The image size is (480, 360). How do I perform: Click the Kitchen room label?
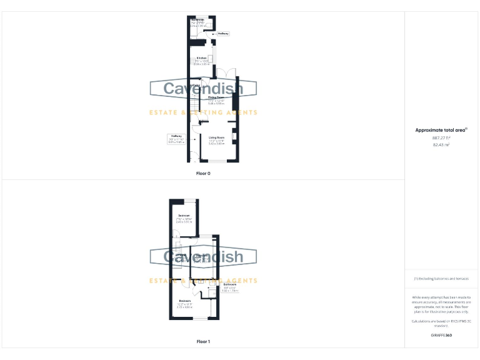(x=201, y=58)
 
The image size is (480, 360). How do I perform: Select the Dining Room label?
(x=216, y=98)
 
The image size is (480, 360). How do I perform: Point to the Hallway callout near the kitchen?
(x=222, y=34)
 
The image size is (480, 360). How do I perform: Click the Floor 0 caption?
(x=203, y=173)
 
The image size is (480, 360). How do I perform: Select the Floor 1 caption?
(x=203, y=342)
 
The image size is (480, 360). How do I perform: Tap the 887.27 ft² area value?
(x=441, y=138)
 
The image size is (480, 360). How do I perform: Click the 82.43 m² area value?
(x=441, y=144)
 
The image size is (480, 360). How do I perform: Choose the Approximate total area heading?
(x=441, y=130)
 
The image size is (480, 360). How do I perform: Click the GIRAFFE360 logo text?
(x=441, y=336)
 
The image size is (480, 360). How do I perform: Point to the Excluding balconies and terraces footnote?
(x=441, y=279)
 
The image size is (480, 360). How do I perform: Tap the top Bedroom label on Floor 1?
(x=184, y=216)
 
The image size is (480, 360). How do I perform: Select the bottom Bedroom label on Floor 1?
(x=184, y=302)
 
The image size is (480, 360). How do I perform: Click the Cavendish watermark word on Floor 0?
(x=203, y=89)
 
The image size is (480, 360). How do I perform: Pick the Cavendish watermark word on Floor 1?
(x=203, y=257)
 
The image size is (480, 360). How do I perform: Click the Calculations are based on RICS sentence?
(x=441, y=322)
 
